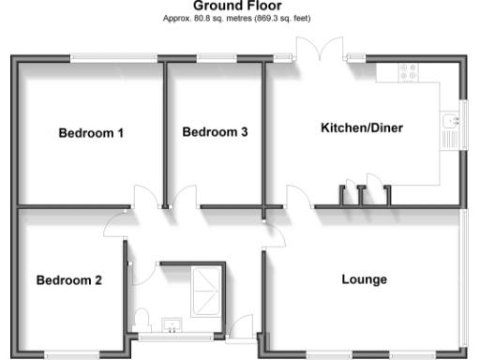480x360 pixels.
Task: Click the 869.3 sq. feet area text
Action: pos(282,18)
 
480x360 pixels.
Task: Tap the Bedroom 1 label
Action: pos(91,133)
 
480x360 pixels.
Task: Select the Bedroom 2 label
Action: pos(69,280)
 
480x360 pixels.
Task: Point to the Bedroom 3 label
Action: pos(215,132)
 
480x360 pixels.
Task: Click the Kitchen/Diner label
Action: pos(362,127)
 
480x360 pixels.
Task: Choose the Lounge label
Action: pos(364,279)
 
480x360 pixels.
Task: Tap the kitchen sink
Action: pos(449,128)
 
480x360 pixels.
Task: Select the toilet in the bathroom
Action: pos(140,320)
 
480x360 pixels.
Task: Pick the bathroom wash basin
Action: pos(172,325)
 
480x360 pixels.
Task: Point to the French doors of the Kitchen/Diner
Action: pos(320,52)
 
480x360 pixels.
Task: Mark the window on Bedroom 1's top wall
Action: pos(113,59)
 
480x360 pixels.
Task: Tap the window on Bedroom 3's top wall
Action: pos(215,59)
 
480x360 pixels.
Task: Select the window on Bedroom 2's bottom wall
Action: pos(71,354)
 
